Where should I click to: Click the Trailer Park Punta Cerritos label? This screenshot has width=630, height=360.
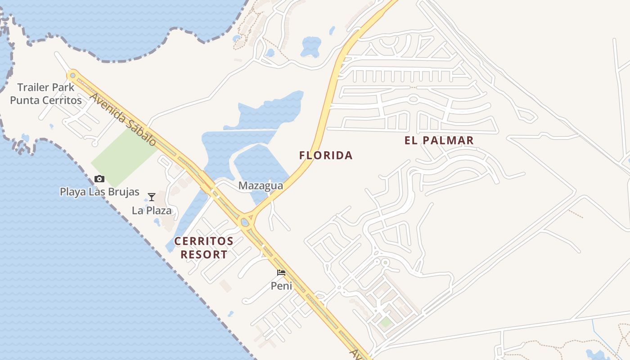[46, 94]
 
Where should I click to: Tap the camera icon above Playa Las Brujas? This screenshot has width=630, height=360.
[99, 179]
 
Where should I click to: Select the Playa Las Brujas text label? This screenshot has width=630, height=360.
[99, 192]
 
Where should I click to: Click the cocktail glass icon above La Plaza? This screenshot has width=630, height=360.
[152, 197]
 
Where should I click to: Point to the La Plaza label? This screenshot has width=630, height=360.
[152, 210]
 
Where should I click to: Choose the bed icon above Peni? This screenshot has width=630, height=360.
[281, 273]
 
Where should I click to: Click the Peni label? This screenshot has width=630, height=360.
[281, 286]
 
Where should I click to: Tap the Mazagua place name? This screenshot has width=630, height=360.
[261, 185]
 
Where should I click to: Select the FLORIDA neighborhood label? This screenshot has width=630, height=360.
[326, 156]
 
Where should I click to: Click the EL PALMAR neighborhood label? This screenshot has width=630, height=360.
[439, 140]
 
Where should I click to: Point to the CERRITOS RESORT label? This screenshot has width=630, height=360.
[204, 248]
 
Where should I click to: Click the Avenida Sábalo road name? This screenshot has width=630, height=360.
[123, 119]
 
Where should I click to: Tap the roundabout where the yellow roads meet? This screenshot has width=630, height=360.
[246, 221]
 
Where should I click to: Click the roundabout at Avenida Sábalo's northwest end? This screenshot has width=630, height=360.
[72, 75]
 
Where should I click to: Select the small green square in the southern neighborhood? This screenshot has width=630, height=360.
[385, 322]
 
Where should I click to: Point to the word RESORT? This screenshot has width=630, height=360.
[204, 255]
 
